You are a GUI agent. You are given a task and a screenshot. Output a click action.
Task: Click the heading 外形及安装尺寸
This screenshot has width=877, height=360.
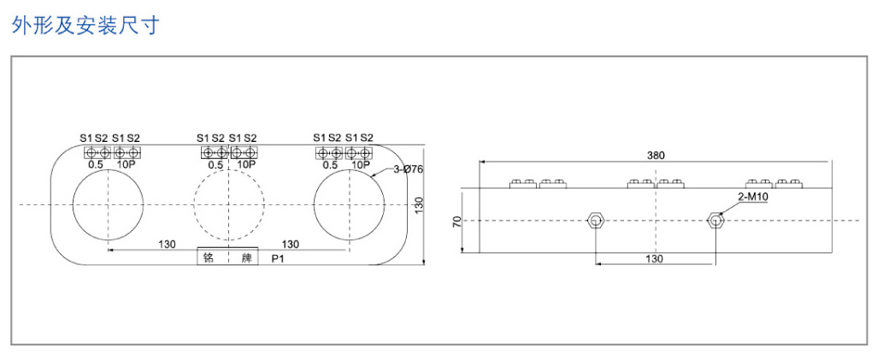coord(85,25)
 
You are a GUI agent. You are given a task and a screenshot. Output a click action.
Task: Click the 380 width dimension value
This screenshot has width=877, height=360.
coord(656,156)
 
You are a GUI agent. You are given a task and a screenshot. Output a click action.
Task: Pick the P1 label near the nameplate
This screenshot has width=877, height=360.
coord(278,260)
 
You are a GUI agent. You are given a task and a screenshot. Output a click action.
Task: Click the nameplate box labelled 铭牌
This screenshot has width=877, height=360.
coord(227,256)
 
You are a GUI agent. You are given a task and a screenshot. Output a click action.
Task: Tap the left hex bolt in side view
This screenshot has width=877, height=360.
coord(595,221)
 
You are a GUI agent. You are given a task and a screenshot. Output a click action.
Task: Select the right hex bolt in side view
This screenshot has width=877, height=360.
coord(715,221)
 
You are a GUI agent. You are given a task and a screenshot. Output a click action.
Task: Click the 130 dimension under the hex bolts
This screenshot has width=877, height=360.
coord(654,259)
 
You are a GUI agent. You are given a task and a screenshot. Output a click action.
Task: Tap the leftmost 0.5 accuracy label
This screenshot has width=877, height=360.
coord(97,164)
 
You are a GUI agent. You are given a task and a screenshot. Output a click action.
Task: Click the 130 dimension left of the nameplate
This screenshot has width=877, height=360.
coord(167,244)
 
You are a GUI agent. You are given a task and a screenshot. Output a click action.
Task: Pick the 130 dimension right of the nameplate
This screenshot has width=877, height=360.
coord(290,244)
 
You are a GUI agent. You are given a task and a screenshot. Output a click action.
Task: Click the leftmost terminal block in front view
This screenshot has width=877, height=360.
coord(97,152)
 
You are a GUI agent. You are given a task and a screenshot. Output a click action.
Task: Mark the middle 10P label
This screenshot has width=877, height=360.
coord(246,164)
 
